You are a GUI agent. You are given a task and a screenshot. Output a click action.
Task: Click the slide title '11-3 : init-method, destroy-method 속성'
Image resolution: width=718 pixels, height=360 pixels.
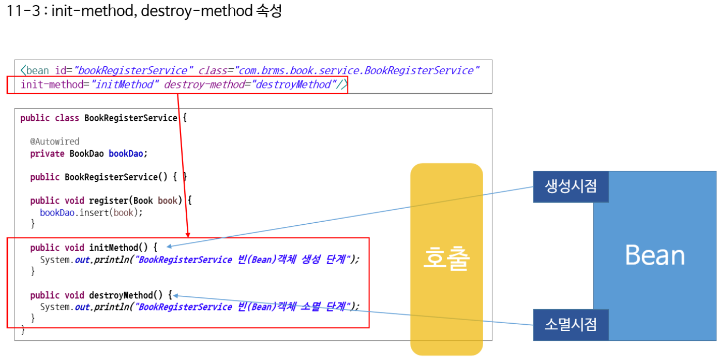pos(144,11)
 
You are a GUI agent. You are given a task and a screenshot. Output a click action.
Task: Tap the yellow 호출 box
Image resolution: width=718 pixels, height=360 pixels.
pos(446,258)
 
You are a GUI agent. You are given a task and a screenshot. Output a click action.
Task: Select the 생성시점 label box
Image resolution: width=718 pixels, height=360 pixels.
pos(571,186)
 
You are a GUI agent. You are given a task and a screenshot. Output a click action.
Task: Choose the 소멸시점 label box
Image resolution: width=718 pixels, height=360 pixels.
pos(571,325)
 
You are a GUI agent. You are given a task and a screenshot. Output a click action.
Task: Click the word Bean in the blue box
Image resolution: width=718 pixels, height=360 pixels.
pos(654,255)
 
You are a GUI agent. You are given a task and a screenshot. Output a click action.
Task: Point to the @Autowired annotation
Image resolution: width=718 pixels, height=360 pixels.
pos(55,141)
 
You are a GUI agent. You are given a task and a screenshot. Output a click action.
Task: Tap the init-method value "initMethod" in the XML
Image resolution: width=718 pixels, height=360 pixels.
pos(124,84)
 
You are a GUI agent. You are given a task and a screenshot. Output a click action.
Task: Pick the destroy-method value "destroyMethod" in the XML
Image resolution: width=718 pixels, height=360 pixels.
pos(293,84)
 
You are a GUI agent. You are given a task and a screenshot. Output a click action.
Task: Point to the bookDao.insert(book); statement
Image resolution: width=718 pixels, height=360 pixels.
pos(91,212)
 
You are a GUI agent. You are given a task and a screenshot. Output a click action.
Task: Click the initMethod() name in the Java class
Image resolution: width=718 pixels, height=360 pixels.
pos(118,248)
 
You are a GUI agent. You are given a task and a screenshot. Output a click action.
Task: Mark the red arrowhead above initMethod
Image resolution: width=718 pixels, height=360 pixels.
pos(188,234)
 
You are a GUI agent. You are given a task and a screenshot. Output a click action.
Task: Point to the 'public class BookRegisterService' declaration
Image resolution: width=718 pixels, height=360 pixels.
pos(99,118)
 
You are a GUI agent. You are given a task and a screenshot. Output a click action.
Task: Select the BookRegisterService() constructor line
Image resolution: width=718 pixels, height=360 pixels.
pos(108,177)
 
